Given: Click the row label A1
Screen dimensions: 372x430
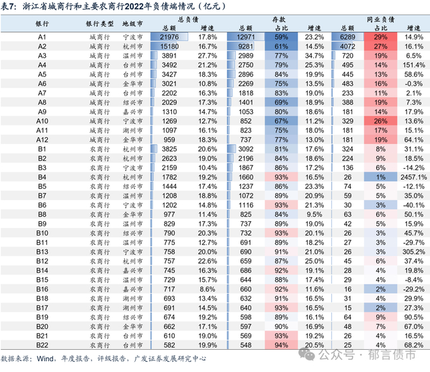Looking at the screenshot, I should (x=42, y=36).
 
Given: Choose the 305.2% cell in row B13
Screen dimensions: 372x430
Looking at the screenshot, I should (x=411, y=252).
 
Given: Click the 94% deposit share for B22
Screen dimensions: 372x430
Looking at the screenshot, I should (x=282, y=344).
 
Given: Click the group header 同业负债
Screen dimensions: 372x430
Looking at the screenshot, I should (x=380, y=19).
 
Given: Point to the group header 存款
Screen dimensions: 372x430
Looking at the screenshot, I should (x=281, y=19).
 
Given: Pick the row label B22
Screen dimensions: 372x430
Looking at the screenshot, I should (x=42, y=344).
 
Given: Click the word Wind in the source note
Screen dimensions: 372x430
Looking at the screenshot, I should (x=48, y=359).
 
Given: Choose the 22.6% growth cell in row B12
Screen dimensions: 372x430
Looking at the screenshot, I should (x=208, y=261).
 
